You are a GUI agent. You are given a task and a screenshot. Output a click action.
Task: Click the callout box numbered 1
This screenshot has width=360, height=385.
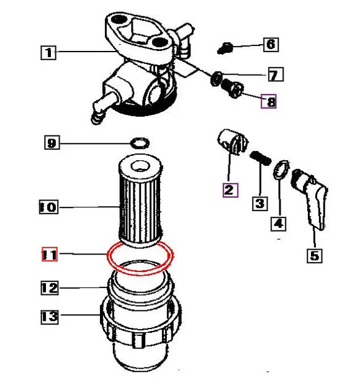49,53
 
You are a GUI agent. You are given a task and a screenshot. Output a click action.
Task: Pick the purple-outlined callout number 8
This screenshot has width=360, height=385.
269,101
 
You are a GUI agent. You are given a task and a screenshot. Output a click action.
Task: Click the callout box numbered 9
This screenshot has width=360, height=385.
53,143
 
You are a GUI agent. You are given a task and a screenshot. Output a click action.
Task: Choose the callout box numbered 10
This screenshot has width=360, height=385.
48,207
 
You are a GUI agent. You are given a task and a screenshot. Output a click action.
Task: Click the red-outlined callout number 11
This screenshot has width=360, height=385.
49,255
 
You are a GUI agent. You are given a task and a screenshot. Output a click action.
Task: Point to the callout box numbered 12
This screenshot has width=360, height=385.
49,288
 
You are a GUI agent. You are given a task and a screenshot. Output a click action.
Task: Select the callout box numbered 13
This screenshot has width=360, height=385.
50,317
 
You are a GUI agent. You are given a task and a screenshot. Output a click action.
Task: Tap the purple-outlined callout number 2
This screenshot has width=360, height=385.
229,189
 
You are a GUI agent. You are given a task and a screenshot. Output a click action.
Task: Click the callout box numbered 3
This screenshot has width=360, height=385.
259,203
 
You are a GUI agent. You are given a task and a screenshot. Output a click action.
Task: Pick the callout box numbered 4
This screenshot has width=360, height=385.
279,222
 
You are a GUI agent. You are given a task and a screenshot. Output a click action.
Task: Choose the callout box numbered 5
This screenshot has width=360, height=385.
315,255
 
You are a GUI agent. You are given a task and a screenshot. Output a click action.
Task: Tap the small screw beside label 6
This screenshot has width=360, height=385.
227,46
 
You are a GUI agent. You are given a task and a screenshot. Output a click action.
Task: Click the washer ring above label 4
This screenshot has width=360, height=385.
281,169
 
